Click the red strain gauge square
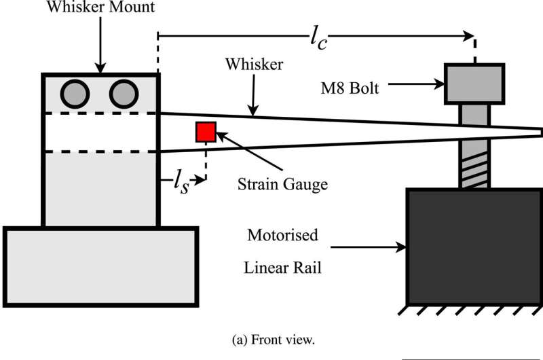[206, 132]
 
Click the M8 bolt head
[474, 84]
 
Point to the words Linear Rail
[282, 267]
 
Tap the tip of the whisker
[539, 130]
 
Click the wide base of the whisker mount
[100, 264]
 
